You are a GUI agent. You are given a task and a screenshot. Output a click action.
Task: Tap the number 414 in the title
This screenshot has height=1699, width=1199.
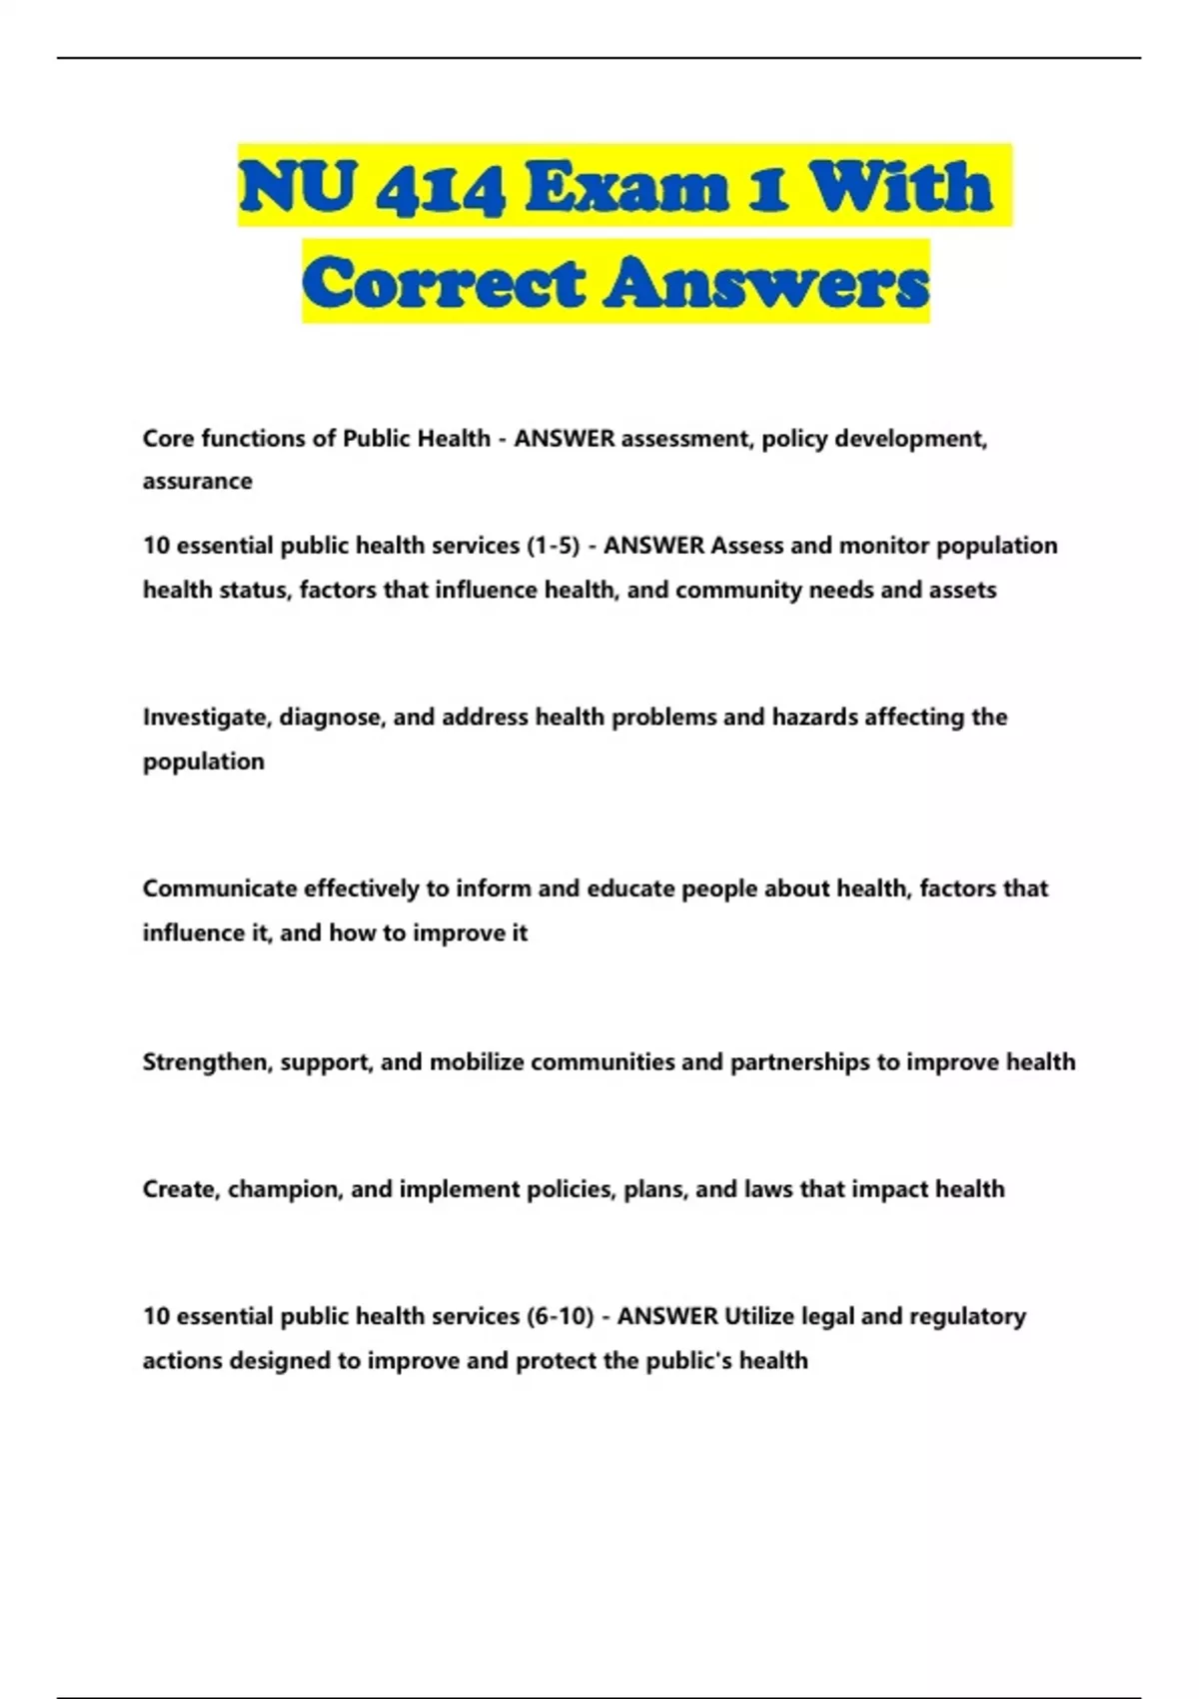point(440,188)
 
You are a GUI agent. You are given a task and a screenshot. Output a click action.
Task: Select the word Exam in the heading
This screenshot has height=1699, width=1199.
point(626,188)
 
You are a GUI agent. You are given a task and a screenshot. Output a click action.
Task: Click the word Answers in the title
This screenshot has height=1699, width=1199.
point(765,282)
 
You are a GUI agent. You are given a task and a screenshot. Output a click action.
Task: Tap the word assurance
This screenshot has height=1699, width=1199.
point(197,482)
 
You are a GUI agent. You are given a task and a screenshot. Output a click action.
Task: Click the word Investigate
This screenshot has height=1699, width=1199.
point(207,718)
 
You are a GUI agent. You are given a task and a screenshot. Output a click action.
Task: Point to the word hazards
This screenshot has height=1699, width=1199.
point(814,718)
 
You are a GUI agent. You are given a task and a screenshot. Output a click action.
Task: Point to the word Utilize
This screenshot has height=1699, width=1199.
point(760,1316)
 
